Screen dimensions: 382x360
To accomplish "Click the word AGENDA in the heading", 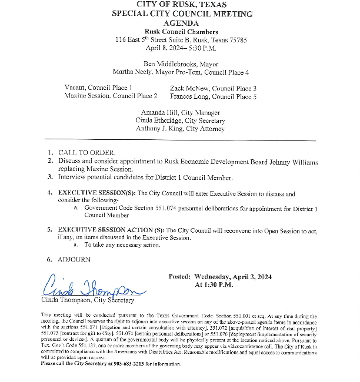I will click(x=181, y=22).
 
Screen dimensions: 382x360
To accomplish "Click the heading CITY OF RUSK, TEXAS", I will click(x=181, y=5).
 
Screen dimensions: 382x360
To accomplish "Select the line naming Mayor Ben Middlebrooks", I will click(x=181, y=63).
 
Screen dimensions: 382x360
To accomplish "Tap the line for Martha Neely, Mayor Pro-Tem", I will click(x=181, y=72).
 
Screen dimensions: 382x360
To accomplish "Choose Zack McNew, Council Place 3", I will click(x=213, y=88).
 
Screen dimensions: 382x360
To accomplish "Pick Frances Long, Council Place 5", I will click(x=213, y=96).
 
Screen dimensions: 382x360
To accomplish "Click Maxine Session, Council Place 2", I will click(x=111, y=96).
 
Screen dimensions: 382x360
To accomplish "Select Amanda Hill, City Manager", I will click(x=181, y=112).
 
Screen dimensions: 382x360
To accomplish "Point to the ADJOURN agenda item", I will click(x=74, y=259).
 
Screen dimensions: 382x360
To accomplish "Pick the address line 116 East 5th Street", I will click(x=181, y=40).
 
